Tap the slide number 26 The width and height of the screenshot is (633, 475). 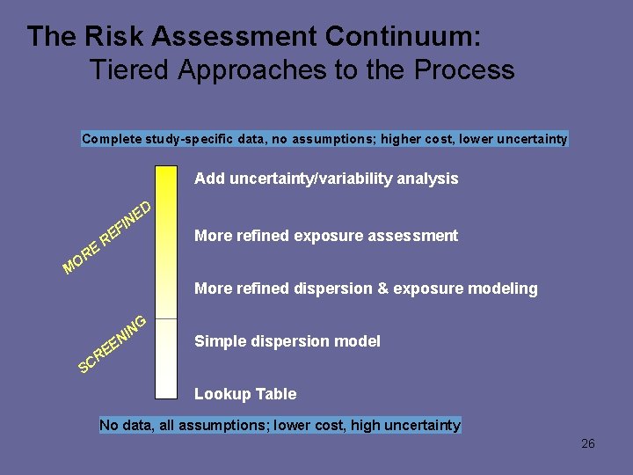click(x=588, y=443)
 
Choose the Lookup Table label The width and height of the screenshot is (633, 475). click(x=245, y=394)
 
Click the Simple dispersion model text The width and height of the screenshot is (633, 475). click(x=287, y=341)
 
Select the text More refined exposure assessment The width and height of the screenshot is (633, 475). click(x=326, y=236)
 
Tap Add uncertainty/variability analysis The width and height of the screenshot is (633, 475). click(x=326, y=179)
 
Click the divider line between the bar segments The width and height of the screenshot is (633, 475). click(x=166, y=318)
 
